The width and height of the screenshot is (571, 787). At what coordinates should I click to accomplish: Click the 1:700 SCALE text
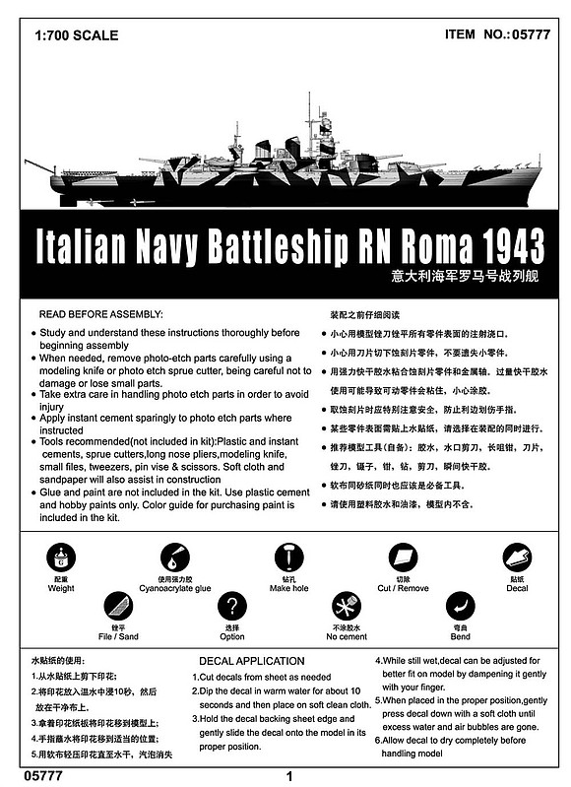75,35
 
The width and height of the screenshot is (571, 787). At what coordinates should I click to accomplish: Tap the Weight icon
61,558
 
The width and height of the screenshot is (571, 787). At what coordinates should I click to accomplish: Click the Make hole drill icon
289,557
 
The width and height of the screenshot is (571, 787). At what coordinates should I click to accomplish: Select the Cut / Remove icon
404,557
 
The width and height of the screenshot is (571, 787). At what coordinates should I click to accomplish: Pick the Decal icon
517,557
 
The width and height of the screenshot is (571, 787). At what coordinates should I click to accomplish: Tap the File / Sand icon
118,606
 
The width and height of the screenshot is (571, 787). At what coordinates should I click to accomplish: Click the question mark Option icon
232,606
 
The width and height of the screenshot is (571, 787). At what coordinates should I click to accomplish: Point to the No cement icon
347,606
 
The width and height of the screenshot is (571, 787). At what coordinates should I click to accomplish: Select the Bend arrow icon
460,606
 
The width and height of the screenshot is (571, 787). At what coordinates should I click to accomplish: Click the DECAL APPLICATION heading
252,660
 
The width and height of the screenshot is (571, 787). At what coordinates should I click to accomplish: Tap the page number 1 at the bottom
287,775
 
